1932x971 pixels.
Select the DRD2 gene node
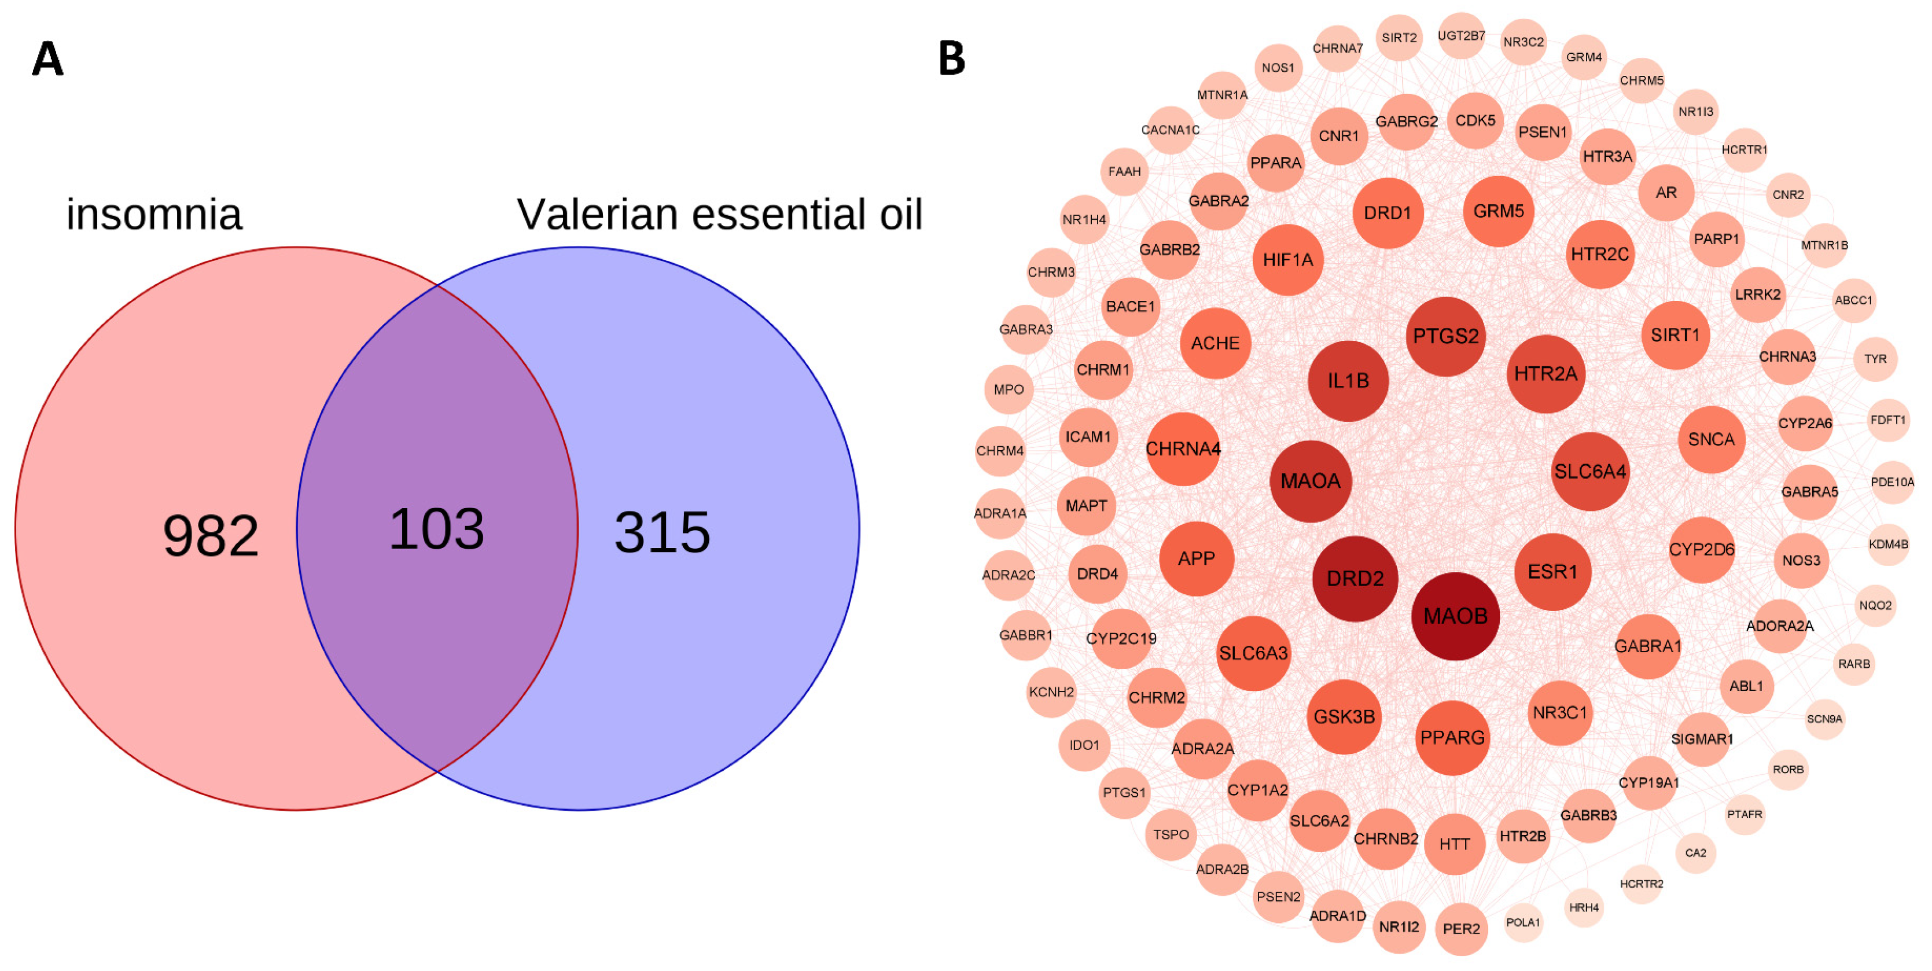pos(1355,578)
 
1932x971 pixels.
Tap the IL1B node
pos(1348,381)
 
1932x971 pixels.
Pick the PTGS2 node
pos(1445,336)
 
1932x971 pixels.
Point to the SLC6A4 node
pos(1589,472)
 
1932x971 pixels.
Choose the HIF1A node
pos(1288,259)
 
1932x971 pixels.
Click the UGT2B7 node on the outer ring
pos(1461,35)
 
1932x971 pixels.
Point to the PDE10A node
pos(1891,482)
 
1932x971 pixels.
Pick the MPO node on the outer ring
pos(1008,389)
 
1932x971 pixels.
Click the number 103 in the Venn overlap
pos(436,529)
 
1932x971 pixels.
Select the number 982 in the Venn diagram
pos(211,535)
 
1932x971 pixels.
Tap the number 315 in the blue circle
pos(661,532)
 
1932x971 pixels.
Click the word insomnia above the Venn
pos(154,215)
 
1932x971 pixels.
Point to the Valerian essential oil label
pos(719,215)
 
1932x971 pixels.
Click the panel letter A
pos(47,58)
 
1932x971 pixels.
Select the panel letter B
pos(952,58)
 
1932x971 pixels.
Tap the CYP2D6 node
pos(1701,550)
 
